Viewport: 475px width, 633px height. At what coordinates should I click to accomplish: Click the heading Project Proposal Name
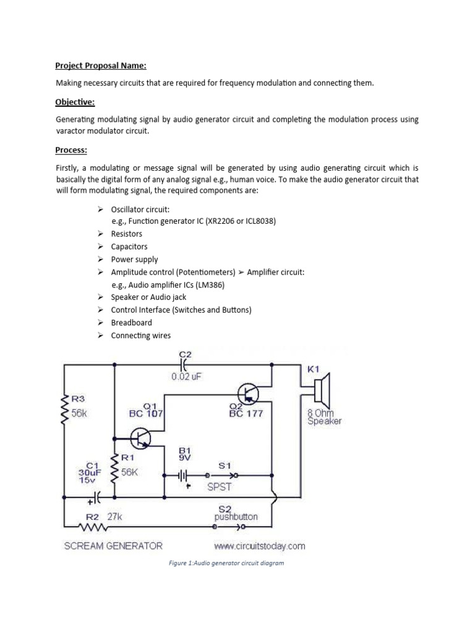point(101,66)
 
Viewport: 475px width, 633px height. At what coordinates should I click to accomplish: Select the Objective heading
point(75,101)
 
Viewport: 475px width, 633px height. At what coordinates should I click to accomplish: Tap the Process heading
point(72,150)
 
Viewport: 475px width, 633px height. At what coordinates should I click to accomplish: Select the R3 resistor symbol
point(62,410)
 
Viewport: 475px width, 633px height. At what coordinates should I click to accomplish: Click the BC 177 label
point(246,414)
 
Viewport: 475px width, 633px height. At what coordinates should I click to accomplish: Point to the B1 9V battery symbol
point(183,475)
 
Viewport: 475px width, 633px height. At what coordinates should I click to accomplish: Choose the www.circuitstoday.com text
point(259,546)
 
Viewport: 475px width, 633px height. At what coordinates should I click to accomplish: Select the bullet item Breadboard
point(131,323)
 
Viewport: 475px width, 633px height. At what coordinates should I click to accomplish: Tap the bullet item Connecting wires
point(140,336)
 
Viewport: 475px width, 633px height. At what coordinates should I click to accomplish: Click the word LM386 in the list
point(209,285)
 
